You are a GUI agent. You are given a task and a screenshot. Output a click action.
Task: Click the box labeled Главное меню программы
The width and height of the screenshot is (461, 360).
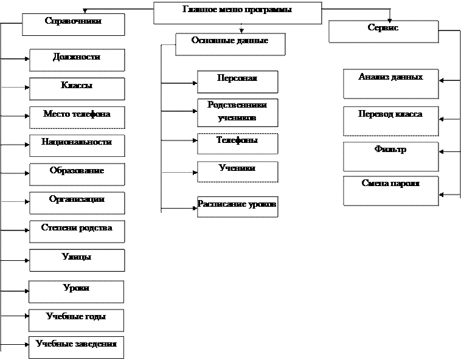coord(237,13)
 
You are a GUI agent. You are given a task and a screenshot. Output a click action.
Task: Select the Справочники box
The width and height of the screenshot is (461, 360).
coord(73,24)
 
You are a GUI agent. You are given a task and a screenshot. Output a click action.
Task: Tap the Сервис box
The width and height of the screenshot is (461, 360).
coord(383,31)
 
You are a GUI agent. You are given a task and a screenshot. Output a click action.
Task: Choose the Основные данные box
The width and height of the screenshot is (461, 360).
coord(230,44)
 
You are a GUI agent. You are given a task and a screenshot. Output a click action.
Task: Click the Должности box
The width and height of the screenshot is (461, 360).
coord(77,60)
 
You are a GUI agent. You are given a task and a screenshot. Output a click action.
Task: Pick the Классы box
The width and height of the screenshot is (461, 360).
coord(77,89)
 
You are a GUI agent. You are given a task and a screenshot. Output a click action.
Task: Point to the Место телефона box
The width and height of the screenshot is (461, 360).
coord(77,117)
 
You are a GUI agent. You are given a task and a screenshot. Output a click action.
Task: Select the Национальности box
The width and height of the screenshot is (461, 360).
coord(77,145)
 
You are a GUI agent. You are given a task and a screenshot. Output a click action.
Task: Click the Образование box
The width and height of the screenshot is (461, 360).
coord(77,174)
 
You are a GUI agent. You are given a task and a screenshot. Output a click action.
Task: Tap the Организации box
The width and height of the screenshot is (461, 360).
coord(77,202)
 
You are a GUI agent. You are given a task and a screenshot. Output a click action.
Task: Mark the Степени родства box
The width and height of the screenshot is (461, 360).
coord(77,231)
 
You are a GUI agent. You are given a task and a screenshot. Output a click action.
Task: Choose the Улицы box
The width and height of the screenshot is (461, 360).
coord(77,260)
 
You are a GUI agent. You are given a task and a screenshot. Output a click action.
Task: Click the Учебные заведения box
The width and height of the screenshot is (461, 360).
coord(76,347)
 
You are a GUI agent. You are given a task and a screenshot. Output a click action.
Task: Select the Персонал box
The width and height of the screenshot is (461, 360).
coord(237,81)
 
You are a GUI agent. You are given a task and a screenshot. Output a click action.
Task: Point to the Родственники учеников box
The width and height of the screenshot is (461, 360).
coord(237,112)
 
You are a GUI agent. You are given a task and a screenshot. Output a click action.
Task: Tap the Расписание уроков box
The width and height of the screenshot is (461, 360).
coord(237,206)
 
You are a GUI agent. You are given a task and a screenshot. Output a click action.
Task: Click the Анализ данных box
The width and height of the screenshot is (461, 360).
coord(390,83)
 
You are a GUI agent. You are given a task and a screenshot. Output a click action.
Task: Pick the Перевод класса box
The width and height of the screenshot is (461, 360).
coord(390,120)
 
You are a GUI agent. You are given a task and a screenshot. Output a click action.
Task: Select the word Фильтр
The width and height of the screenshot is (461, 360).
coord(390,150)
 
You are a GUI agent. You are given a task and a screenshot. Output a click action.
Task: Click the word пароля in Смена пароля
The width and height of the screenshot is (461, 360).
coord(405,184)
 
